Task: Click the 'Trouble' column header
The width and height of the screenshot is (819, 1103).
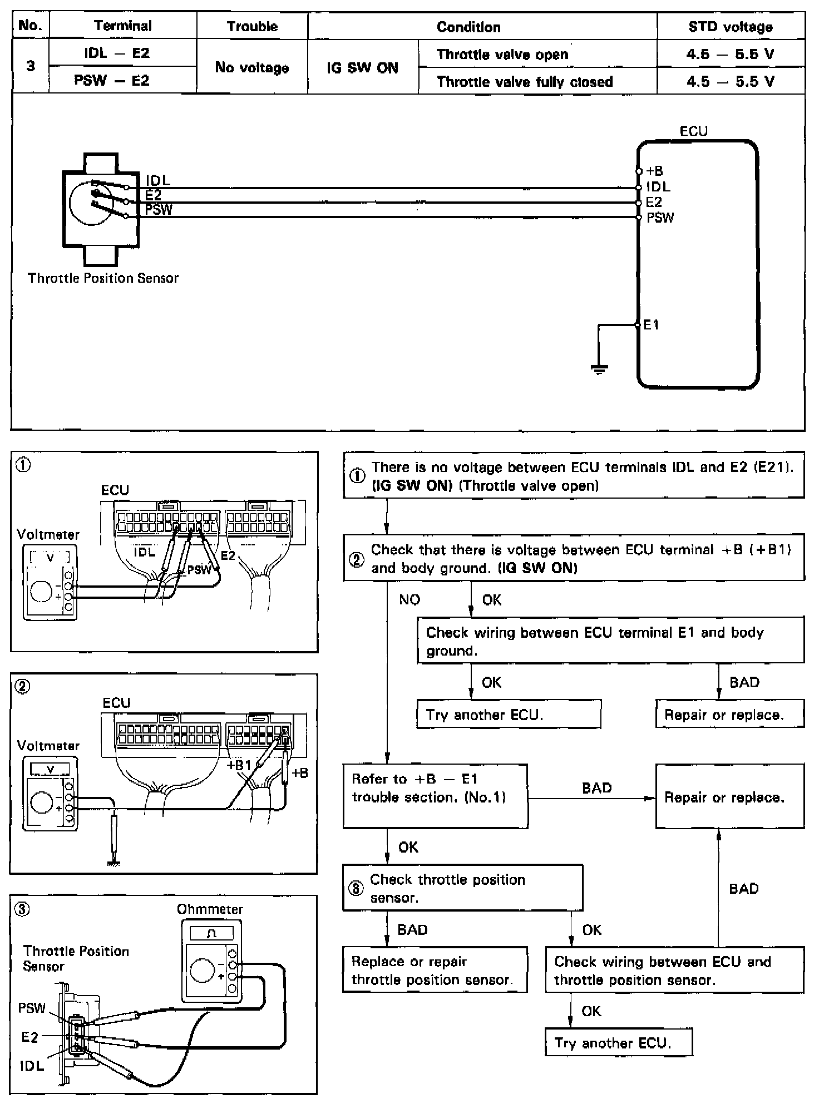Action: pos(252,26)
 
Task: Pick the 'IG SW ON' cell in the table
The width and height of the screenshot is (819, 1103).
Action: pos(362,68)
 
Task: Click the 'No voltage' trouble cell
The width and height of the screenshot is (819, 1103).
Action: pos(252,68)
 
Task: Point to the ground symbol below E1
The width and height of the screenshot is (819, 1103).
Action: pos(599,369)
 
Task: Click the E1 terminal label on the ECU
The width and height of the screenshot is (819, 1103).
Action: pos(651,325)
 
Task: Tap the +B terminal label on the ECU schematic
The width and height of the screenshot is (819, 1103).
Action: pos(655,171)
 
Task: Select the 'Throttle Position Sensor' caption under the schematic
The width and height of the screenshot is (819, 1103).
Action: pos(103,278)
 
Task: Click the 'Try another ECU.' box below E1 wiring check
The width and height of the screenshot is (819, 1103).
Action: pos(509,715)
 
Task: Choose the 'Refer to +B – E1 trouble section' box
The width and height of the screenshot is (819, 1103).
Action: pos(435,796)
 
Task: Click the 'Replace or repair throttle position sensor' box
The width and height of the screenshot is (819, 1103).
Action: pos(435,971)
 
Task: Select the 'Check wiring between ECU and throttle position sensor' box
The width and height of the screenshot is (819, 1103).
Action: pos(674,971)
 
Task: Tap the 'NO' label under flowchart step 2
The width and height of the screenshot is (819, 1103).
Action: pos(409,600)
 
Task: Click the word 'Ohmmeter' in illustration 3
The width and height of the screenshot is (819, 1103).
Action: pos(210,909)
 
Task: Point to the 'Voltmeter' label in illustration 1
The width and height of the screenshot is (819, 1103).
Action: pos(48,534)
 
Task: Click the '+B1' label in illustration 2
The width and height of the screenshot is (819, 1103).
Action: pos(239,765)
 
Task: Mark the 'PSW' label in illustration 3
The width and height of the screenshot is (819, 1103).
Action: pos(32,1008)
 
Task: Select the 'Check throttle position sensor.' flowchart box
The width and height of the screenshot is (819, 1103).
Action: pos(463,888)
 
